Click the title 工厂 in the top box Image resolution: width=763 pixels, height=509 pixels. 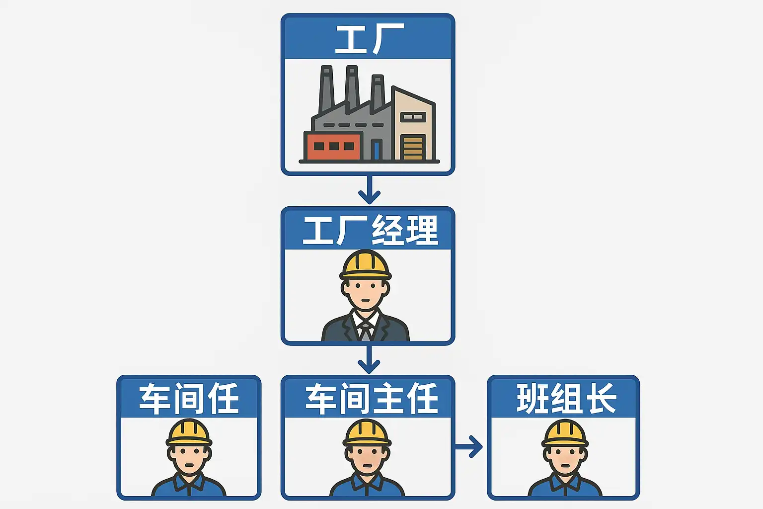click(368, 39)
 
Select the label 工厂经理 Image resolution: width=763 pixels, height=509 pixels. click(370, 230)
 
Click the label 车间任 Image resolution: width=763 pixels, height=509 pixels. click(189, 398)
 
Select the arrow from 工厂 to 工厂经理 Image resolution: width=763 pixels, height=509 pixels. click(369, 190)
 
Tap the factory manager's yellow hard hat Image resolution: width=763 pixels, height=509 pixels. click(366, 264)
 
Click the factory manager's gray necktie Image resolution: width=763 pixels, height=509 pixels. click(366, 330)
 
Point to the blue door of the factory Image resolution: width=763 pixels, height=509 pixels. click(376, 150)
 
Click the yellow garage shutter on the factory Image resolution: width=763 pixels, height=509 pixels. click(413, 148)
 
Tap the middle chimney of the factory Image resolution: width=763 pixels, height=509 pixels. click(352, 88)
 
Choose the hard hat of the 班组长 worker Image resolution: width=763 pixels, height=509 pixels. click(565, 432)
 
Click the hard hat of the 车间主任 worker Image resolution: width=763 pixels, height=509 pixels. click(367, 432)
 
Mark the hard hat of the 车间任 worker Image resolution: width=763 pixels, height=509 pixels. click(189, 432)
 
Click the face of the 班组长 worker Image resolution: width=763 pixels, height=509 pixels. click(565, 458)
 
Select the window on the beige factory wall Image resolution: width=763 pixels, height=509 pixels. click(413, 117)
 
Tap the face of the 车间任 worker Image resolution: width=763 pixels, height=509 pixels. click(189, 458)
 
